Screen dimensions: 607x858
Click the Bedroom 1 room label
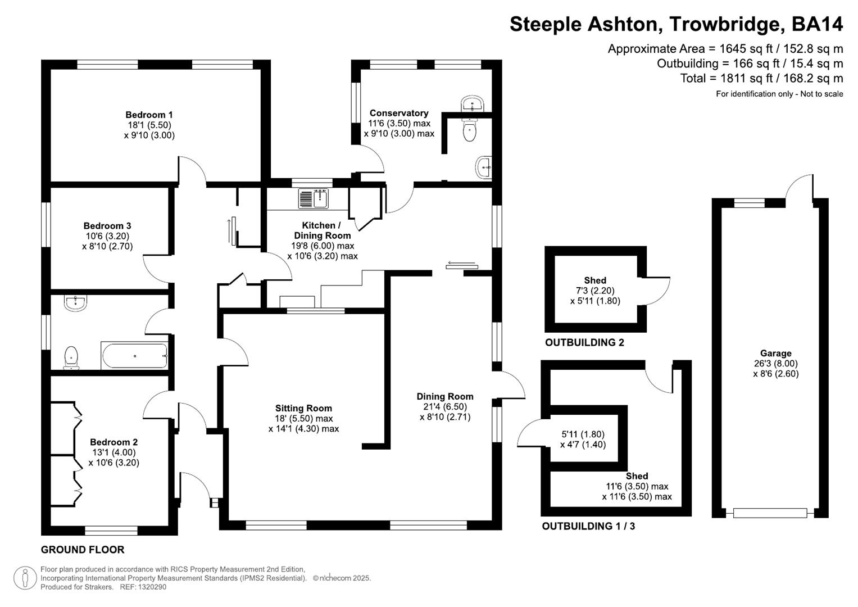coord(149,115)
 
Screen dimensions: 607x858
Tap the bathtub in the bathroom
coord(134,356)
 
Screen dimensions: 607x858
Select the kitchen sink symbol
coord(314,199)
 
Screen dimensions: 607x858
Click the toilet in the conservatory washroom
coord(469,132)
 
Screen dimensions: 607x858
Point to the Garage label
coord(775,354)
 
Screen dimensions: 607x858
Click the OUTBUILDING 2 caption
coord(584,342)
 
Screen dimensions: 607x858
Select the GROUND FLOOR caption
coord(83,549)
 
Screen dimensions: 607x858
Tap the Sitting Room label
coord(303,408)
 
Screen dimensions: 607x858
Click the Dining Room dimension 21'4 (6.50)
coord(445,407)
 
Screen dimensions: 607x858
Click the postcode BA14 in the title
coord(817,24)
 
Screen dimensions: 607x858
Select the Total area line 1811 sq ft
coord(761,78)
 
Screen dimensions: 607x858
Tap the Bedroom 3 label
coord(107,226)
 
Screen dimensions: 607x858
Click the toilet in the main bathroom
coord(71,357)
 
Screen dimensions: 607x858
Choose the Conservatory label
coord(399,113)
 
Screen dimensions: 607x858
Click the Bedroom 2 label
coord(114,442)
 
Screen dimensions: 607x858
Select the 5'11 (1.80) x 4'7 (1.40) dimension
coord(583,440)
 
